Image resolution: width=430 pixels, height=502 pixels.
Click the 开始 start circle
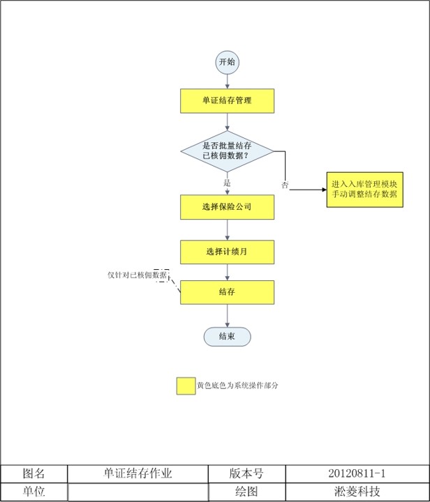[x=228, y=62]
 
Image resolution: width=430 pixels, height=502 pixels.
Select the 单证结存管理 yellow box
[x=227, y=100]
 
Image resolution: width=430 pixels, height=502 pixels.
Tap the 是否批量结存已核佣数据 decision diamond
[x=227, y=151]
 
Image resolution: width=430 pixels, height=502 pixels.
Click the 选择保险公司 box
[x=227, y=207]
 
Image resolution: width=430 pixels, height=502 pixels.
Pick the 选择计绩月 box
[x=227, y=252]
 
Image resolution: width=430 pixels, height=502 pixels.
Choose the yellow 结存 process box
[x=227, y=292]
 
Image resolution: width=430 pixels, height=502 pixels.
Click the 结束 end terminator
[x=227, y=337]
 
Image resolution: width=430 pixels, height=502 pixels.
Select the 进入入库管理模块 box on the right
[x=364, y=189]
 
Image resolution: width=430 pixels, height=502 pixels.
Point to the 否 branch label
[x=285, y=185]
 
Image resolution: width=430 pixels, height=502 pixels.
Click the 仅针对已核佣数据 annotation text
[x=137, y=276]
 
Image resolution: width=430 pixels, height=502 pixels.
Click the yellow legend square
[x=186, y=386]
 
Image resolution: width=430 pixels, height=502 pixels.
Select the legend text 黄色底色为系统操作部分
[x=238, y=385]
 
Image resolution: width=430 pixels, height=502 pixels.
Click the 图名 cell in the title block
[x=34, y=474]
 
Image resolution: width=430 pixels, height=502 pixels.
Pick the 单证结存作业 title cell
[x=138, y=474]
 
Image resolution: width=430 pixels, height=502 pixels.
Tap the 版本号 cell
[x=246, y=474]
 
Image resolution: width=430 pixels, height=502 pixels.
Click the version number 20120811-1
[x=357, y=474]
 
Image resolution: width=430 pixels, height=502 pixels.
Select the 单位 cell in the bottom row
[x=34, y=492]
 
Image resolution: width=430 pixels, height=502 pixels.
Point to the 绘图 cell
[x=246, y=492]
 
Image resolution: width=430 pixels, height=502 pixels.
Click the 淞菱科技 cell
[x=357, y=492]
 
